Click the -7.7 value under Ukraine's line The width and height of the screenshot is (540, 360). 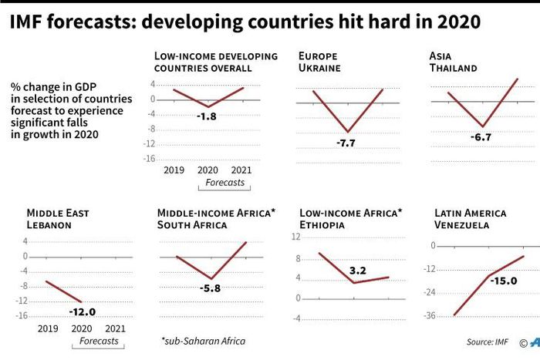(x=346, y=143)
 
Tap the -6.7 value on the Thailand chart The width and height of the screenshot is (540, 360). (x=481, y=137)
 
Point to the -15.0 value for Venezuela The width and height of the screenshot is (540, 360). (x=504, y=281)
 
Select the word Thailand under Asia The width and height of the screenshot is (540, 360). (x=454, y=68)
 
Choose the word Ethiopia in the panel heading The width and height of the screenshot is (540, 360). (x=324, y=225)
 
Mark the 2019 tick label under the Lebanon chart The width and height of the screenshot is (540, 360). (x=49, y=328)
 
